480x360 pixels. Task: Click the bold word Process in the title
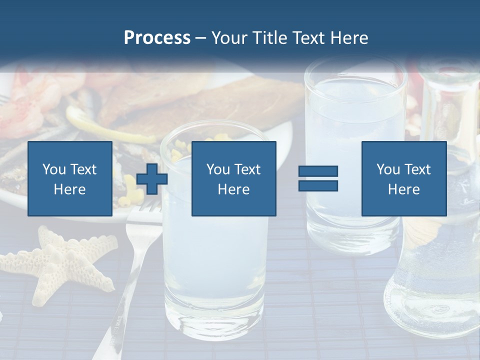click(x=157, y=38)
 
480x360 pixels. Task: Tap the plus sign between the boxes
click(x=152, y=179)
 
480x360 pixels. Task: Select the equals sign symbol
click(x=318, y=178)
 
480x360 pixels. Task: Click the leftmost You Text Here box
click(x=70, y=178)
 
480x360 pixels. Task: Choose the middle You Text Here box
click(x=233, y=178)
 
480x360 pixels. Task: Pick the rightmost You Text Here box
click(x=403, y=178)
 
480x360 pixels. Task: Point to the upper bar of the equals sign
click(x=318, y=171)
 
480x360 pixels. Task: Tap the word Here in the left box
click(x=69, y=189)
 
